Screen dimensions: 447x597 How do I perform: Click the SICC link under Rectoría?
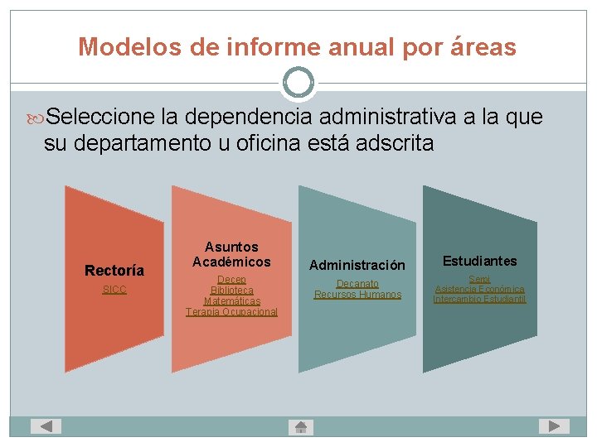point(114,290)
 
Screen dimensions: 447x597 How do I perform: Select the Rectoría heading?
point(114,271)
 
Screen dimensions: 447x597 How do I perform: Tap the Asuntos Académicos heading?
point(231,254)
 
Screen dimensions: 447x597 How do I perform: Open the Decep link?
point(231,280)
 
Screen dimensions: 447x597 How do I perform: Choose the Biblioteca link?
point(231,291)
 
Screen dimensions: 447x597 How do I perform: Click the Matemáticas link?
point(231,301)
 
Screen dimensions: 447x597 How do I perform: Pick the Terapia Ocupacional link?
point(231,312)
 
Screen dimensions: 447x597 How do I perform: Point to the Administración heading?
point(357,265)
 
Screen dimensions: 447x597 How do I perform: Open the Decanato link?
point(357,284)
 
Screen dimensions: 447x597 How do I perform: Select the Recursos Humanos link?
point(357,295)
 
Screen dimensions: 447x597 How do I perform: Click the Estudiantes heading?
point(479,261)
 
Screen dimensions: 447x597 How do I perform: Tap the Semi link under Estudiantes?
point(479,280)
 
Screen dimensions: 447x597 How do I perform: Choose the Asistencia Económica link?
point(479,290)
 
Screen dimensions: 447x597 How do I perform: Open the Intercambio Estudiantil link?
point(479,300)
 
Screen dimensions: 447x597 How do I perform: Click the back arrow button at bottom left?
point(46,426)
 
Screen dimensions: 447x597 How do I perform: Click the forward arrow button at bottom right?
point(553,426)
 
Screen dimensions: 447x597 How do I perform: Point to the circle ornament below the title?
point(298,83)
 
